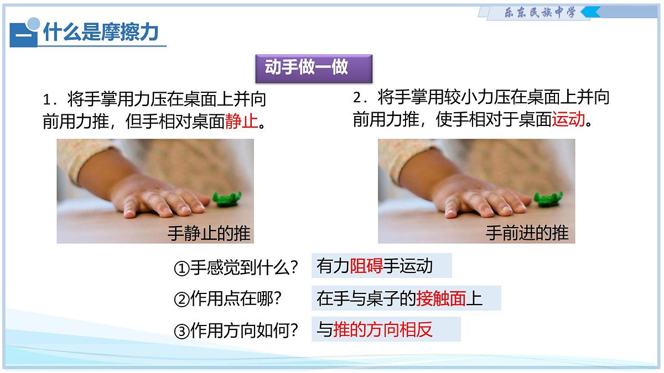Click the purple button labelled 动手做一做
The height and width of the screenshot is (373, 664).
click(306, 68)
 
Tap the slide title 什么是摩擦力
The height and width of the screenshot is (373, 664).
click(101, 33)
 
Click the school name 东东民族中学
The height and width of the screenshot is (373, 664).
click(532, 12)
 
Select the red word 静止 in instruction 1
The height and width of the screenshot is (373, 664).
click(242, 121)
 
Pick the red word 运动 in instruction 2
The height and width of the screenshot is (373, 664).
click(568, 119)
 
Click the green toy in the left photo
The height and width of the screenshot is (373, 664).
click(228, 198)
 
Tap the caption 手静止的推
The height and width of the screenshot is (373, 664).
click(209, 233)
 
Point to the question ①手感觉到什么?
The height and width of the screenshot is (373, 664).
click(236, 268)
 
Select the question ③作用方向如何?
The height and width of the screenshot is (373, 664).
click(236, 331)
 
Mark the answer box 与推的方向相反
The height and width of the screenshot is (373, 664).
click(386, 330)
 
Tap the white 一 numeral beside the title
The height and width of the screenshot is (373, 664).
click(23, 35)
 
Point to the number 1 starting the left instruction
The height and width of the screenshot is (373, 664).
click(47, 101)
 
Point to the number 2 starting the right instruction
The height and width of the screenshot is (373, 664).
click(357, 98)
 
